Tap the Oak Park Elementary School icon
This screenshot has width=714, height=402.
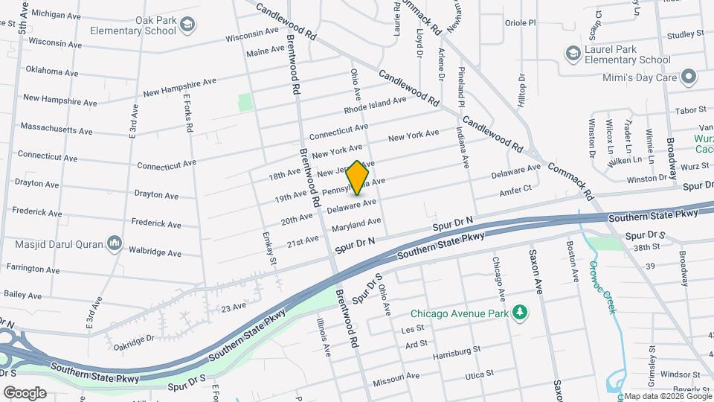(x=187, y=25)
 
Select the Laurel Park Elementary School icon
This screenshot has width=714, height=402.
(x=573, y=53)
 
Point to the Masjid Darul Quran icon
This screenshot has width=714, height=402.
(x=115, y=243)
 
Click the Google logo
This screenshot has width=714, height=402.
(x=25, y=392)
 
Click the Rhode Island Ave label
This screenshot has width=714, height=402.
(x=375, y=105)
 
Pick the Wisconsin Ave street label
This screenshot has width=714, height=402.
(x=252, y=36)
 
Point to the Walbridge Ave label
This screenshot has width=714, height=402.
(x=155, y=253)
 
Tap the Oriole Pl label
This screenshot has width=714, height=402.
(x=520, y=23)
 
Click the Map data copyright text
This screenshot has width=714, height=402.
(x=666, y=396)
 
